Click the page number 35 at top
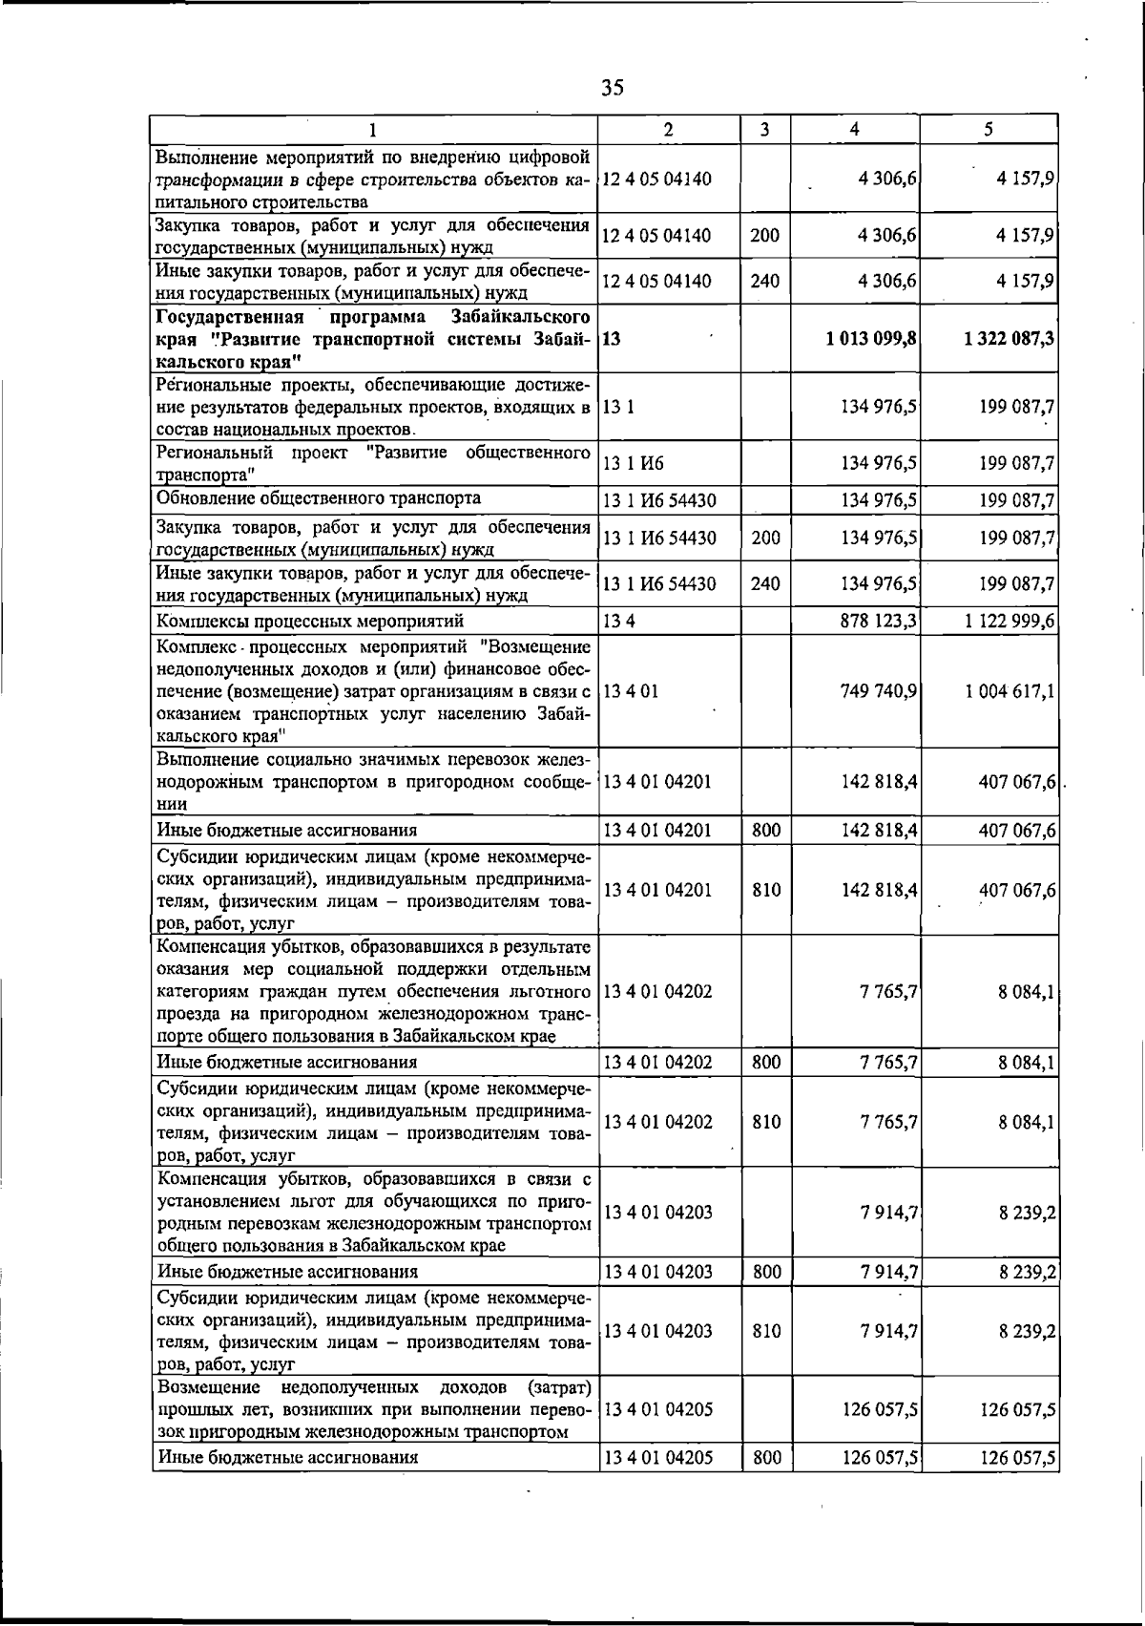coord(613,88)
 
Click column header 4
coord(855,129)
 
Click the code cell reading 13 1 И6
coord(634,463)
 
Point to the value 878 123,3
coord(879,621)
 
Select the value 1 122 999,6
coord(1009,621)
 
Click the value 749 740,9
coord(879,690)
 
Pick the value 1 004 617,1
coord(1009,690)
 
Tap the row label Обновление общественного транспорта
coord(319,498)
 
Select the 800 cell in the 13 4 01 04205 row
coord(766,1457)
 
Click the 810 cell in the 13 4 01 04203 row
coord(766,1330)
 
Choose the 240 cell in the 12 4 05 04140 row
coord(765,281)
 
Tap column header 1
coord(374,130)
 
